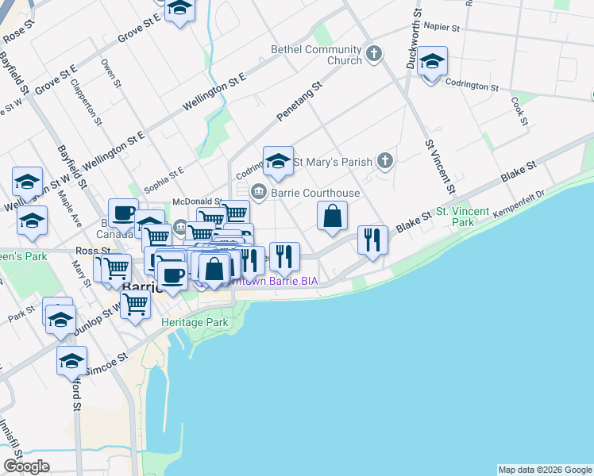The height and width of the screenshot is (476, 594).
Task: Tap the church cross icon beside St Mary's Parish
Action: [x=384, y=162]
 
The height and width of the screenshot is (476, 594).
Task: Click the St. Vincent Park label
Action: [x=453, y=217]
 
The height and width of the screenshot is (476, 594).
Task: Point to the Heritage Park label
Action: [x=195, y=322]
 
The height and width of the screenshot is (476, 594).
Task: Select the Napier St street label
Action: [x=442, y=27]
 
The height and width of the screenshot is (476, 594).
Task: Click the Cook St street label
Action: [x=520, y=111]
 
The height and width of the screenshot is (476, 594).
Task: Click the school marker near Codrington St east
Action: [x=432, y=63]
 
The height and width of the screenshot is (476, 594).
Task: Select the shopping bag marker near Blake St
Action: [x=333, y=217]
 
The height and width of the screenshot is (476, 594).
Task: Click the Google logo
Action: [x=26, y=466]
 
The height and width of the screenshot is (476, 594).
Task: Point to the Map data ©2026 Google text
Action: [x=545, y=470]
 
